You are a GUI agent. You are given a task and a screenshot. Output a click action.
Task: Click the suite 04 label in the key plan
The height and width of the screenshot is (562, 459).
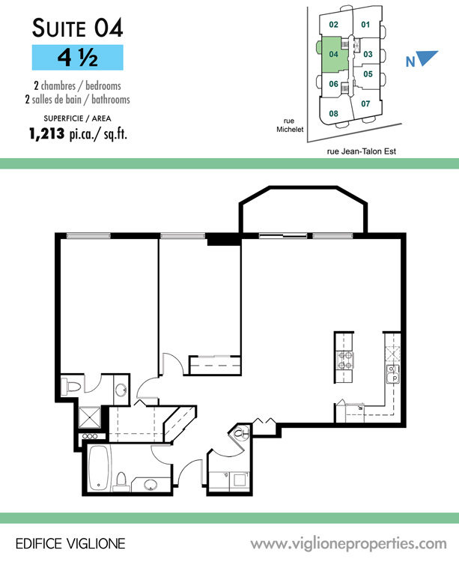coord(333,54)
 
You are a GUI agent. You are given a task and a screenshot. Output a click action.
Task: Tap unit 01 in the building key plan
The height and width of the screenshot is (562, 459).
coord(365,25)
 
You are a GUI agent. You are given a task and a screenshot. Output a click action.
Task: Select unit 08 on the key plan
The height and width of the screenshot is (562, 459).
coord(333,114)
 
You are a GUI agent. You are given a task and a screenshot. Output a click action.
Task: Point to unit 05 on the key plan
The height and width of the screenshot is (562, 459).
coord(368,74)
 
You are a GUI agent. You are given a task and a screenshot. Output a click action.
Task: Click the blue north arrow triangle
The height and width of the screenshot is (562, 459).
coord(427,58)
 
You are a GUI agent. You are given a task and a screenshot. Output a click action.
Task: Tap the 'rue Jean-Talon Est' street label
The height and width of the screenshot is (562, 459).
coord(361,151)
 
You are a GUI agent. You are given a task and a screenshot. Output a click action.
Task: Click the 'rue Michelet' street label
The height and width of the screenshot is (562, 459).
coord(290,125)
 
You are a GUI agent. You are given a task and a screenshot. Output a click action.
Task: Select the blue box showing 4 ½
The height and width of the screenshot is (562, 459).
coord(78,58)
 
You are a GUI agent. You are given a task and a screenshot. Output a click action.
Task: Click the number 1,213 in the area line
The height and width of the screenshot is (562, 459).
coord(47,133)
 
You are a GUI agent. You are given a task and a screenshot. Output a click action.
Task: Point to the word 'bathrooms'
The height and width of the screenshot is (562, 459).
coord(111,99)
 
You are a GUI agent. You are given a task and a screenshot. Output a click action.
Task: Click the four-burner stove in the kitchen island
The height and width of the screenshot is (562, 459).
coord(345,360)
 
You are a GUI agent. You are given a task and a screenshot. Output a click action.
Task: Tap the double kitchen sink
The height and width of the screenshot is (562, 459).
coord(393,375)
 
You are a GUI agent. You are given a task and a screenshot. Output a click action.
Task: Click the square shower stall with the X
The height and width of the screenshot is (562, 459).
coord(89,417)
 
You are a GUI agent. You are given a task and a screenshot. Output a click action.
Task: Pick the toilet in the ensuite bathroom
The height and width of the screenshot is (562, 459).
coord(72,387)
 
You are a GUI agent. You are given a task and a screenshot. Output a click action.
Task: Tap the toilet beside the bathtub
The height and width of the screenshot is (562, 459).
coord(121,482)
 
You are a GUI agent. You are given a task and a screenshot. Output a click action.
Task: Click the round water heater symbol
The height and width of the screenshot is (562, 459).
coord(241,434)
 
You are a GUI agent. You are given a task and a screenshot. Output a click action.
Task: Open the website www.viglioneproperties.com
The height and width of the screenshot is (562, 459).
coord(348,544)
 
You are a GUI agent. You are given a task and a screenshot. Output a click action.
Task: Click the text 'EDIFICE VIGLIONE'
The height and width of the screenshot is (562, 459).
coord(70,544)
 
